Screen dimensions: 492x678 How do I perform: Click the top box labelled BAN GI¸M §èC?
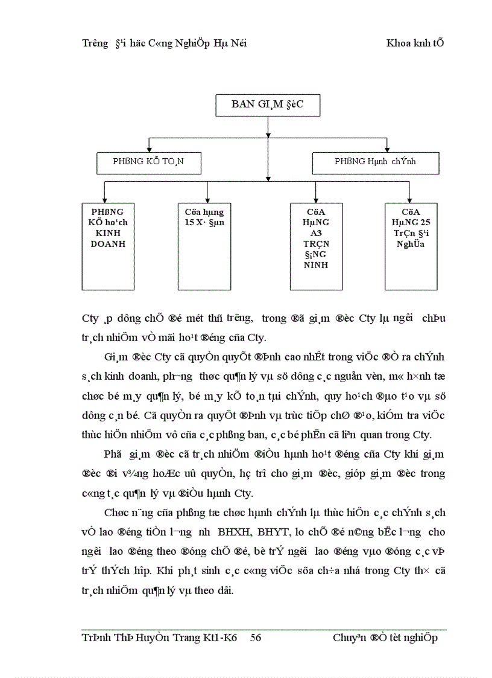pos(268,104)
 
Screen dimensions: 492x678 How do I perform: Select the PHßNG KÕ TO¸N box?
pos(148,162)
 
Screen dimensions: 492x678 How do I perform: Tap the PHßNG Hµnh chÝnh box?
pos(375,162)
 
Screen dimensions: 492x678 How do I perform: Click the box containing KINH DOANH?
pos(108,246)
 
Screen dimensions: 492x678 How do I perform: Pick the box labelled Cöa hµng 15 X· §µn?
pos(204,246)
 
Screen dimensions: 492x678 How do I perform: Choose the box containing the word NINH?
pos(317,246)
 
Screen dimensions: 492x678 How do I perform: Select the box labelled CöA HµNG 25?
pos(411,246)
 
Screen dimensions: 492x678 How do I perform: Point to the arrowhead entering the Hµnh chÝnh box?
pos(386,149)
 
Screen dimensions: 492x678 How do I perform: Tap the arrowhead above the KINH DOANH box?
pos(105,199)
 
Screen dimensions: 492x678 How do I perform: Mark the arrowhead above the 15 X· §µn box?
pos(207,199)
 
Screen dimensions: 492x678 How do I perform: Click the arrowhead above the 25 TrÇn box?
pos(409,199)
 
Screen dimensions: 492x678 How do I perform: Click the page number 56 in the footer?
pos(255,638)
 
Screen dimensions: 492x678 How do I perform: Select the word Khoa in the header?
pos(399,43)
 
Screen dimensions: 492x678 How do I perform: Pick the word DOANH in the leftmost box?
pos(108,244)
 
